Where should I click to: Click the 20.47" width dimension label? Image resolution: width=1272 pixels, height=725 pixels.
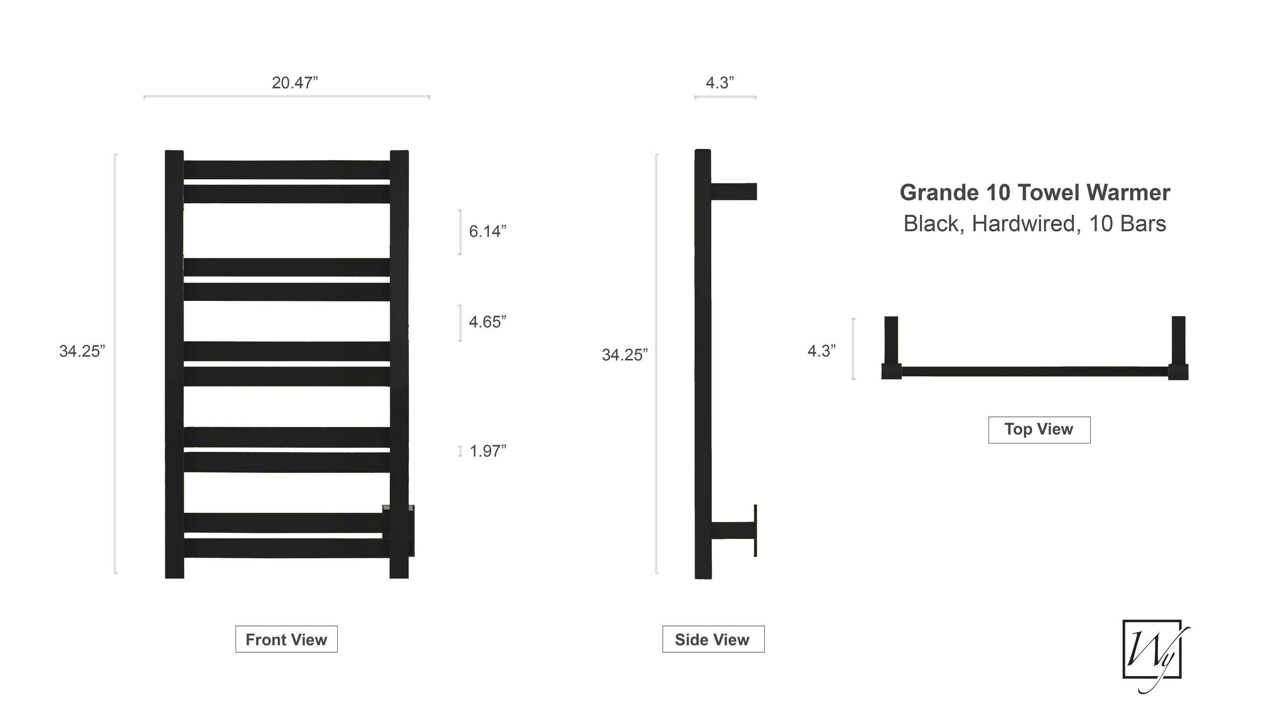coord(295,82)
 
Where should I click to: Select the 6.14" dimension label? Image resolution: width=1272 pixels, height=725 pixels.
coord(487,231)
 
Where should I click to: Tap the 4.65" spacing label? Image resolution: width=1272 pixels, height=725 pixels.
coord(487,322)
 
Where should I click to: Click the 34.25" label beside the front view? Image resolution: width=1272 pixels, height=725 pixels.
coord(82,351)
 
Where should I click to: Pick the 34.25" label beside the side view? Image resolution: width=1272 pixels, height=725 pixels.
coord(625,354)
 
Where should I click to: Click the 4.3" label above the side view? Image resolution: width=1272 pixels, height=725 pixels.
coord(719,82)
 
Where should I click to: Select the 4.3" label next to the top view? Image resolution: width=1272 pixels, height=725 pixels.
coord(821,351)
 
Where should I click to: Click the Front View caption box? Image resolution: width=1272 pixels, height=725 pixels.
coord(286,639)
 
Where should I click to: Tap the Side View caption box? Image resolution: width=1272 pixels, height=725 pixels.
coord(713,639)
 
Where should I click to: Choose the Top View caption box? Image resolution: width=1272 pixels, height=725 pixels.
coord(1039,430)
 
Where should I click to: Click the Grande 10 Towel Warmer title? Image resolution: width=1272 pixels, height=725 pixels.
coord(1035,193)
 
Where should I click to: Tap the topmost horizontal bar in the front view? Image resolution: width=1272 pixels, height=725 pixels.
coord(286,170)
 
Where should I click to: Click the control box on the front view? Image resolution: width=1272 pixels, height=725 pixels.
coord(398,530)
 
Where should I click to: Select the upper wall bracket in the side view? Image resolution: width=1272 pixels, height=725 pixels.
coord(734,192)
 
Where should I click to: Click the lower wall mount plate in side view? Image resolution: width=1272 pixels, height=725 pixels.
coord(756,530)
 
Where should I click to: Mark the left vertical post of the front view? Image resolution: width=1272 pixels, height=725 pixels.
coord(175,364)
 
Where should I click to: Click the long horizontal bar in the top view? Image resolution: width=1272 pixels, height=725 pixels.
coord(1035,372)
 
